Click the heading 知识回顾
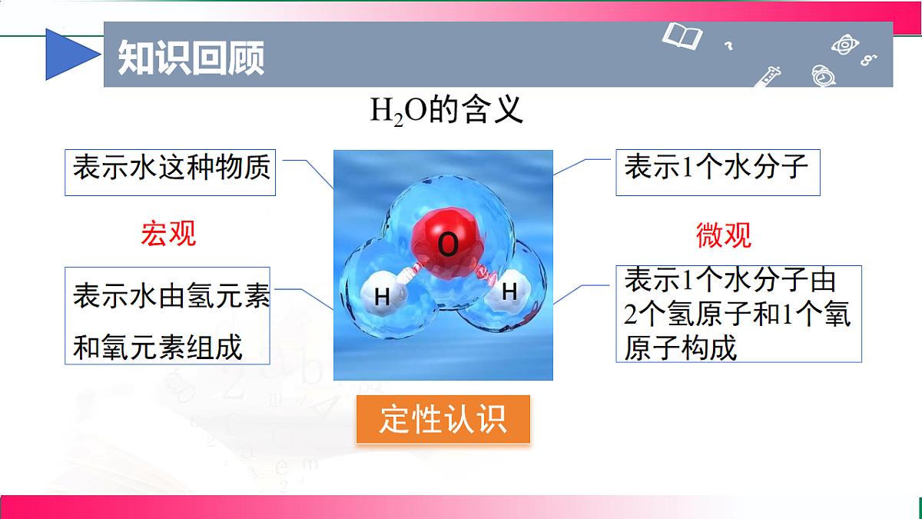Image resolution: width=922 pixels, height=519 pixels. (x=191, y=57)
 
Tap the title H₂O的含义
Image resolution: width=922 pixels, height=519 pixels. (x=447, y=111)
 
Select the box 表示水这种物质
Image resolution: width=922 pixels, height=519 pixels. (x=171, y=169)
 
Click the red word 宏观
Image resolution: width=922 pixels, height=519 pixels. (x=168, y=234)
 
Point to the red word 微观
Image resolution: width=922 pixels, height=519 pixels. (x=724, y=235)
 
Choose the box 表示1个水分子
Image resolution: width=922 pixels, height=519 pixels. (x=717, y=168)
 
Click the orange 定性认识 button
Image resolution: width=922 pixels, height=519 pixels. (x=443, y=420)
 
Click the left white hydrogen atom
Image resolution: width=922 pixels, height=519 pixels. (x=383, y=295)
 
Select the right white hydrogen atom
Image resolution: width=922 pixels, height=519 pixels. (x=509, y=291)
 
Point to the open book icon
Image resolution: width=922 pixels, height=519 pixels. (x=682, y=35)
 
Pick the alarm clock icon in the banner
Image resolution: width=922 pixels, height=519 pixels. (x=823, y=75)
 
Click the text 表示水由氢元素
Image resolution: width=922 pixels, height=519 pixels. (x=171, y=296)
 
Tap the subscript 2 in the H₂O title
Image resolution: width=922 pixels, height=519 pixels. (x=398, y=120)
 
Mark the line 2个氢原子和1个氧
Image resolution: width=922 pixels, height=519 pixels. (x=738, y=314)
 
